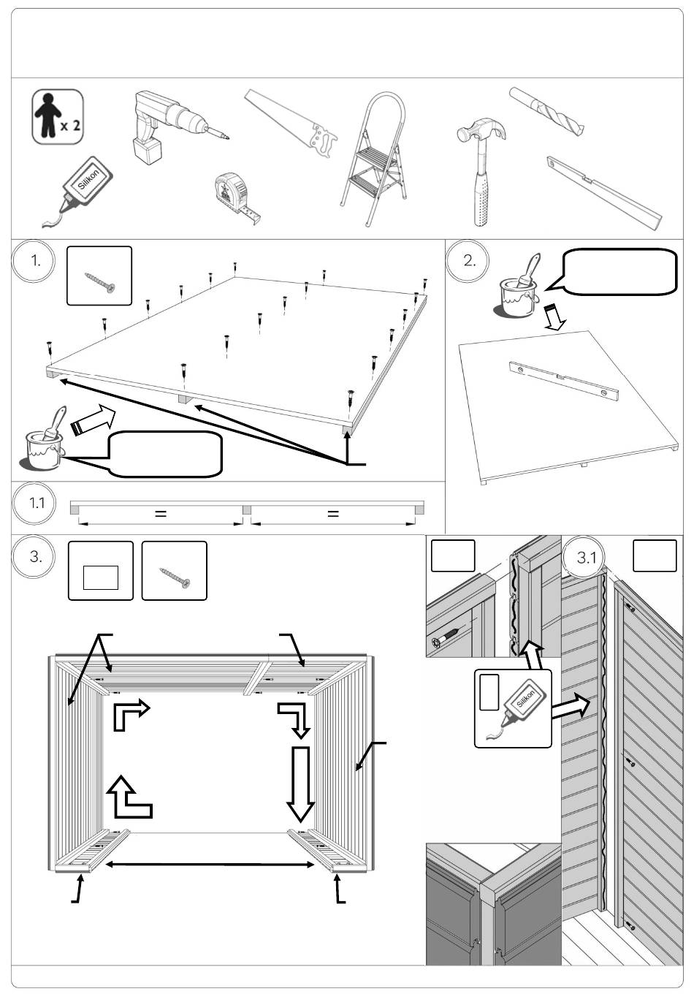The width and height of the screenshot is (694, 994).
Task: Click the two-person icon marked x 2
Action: click(x=57, y=117)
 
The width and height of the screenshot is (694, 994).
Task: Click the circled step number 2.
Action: click(x=470, y=262)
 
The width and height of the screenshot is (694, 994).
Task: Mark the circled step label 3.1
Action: click(x=587, y=558)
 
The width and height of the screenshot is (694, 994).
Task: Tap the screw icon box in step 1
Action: click(x=99, y=276)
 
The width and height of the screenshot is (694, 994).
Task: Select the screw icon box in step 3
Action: click(x=174, y=570)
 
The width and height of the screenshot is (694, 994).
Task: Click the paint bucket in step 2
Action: click(x=519, y=289)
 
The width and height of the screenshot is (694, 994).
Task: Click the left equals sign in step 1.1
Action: click(x=161, y=514)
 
